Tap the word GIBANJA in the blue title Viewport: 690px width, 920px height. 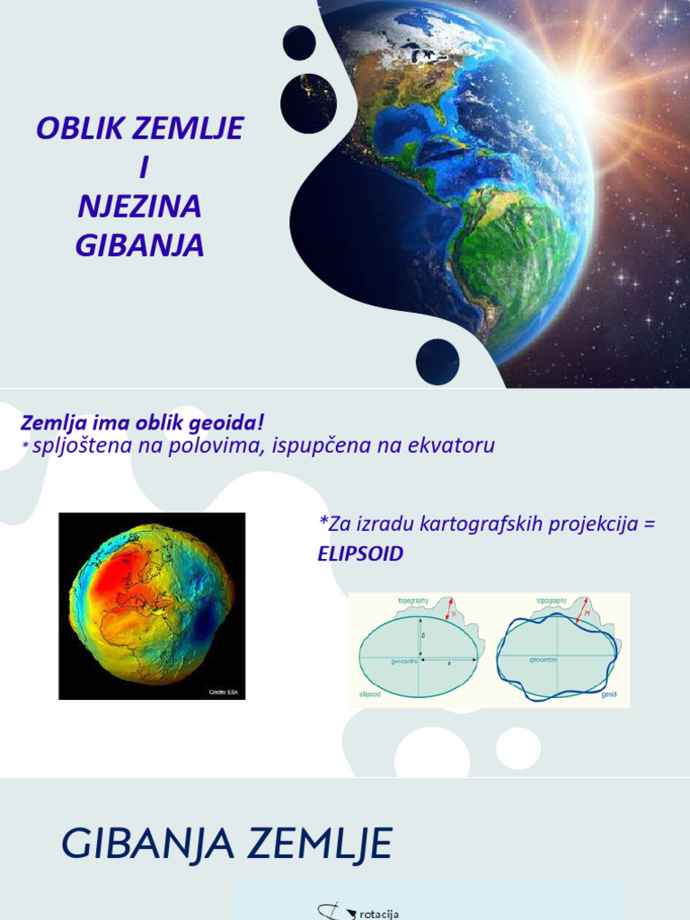click(139, 245)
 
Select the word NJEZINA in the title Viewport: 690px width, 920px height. click(139, 207)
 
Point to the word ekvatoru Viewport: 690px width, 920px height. click(453, 445)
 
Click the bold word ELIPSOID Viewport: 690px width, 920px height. click(360, 554)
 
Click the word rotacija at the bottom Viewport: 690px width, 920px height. click(378, 913)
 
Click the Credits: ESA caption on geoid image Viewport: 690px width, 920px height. click(225, 692)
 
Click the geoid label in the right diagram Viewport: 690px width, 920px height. click(608, 694)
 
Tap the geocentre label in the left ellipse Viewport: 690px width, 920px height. click(404, 660)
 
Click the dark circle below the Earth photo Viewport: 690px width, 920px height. click(438, 361)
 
